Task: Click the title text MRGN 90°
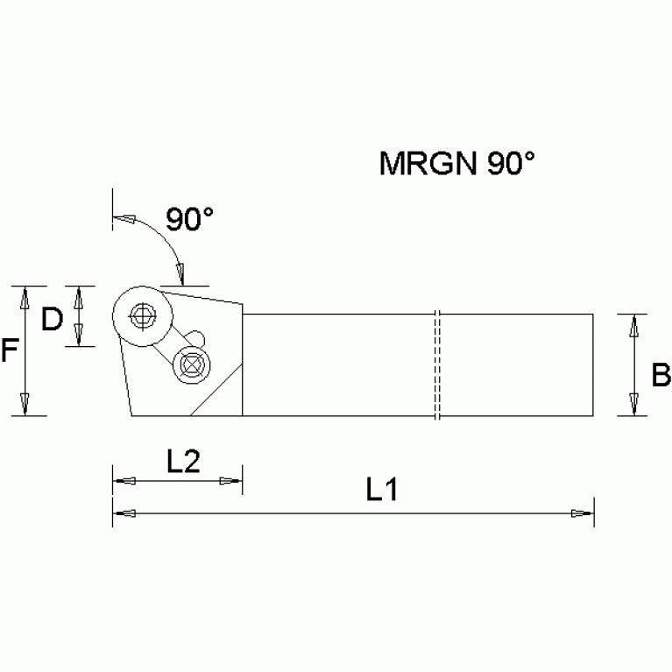tap(456, 164)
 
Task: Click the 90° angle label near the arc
tap(190, 219)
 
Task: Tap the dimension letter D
tap(53, 319)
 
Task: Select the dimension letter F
tap(9, 351)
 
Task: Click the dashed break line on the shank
tap(435, 364)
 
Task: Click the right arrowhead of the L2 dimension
tap(231, 481)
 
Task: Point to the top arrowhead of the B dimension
tap(633, 322)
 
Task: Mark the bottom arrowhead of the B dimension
tap(633, 407)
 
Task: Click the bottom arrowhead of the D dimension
tap(79, 336)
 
